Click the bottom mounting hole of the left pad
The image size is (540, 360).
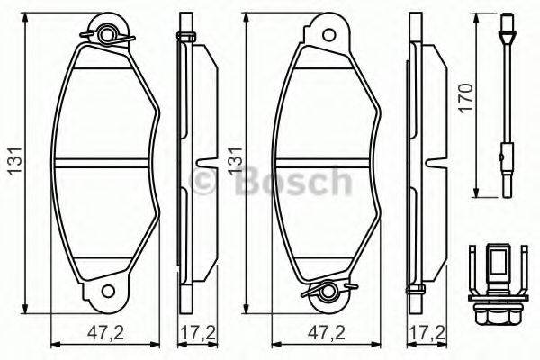click(x=109, y=292)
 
